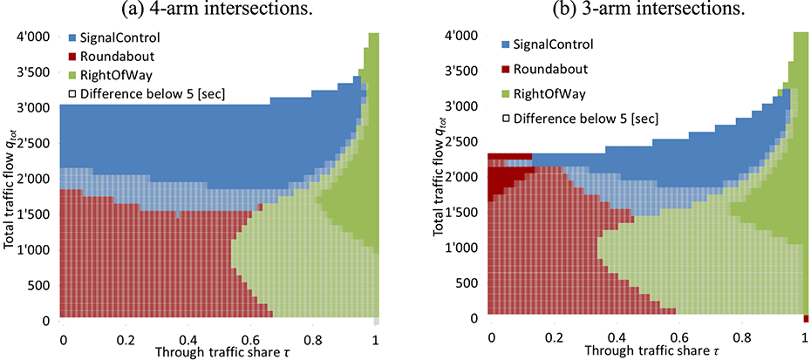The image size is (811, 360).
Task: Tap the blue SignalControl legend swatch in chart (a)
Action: click(74, 40)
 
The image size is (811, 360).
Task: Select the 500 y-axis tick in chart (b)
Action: click(460, 284)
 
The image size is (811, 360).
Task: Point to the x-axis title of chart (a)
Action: click(220, 350)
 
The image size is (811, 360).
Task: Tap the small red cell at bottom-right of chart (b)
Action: click(807, 318)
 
